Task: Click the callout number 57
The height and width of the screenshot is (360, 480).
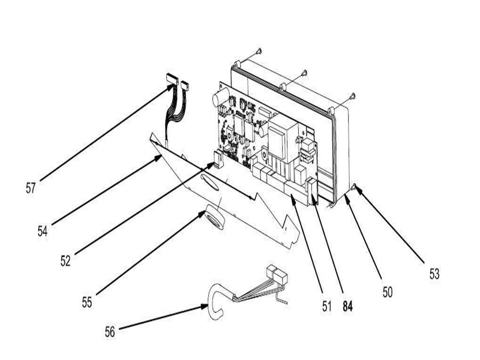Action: tap(30, 188)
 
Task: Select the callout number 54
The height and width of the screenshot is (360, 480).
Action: tap(41, 230)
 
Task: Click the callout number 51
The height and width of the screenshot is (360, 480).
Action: tap(326, 306)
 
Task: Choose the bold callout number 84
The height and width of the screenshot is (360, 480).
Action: tap(347, 306)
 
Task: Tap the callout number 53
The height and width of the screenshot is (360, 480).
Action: tap(434, 275)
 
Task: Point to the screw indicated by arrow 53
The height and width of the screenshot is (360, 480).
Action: tap(356, 188)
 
